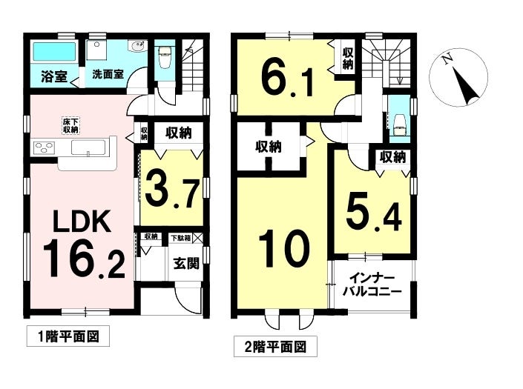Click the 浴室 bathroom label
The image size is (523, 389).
pos(53,75)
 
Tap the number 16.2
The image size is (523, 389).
pos(82,259)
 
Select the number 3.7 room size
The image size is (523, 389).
pos(171,190)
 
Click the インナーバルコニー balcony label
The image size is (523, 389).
pos(371,285)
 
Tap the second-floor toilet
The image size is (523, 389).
pos(399,123)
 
